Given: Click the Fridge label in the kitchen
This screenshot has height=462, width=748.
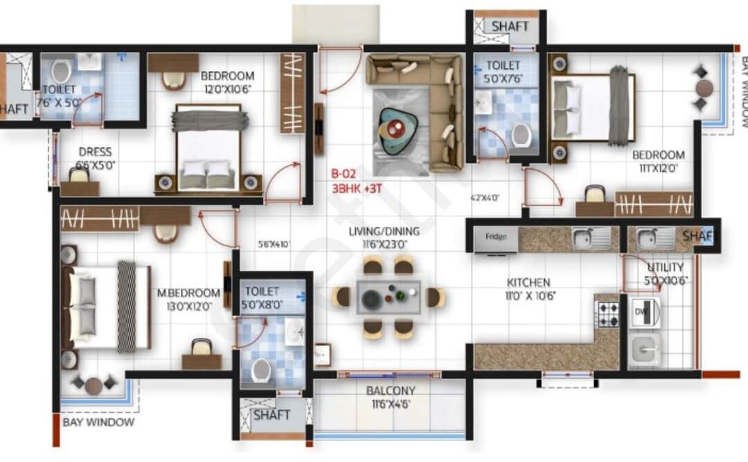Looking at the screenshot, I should pos(495,237).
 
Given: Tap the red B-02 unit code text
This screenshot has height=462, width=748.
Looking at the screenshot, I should pos(344,175).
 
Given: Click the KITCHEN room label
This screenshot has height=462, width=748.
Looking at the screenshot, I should pos(528,282).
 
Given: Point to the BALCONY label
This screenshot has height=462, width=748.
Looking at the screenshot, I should pos(391,391).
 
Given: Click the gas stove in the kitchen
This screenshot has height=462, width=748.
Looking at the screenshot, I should pos(608,314).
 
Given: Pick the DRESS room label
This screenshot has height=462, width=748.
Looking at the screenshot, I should pos(95,152).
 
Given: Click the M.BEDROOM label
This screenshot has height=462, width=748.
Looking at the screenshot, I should pos(188,293).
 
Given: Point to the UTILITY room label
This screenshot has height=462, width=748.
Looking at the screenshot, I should pos(666,267).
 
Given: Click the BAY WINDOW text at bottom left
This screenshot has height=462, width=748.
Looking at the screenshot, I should pos(98,422).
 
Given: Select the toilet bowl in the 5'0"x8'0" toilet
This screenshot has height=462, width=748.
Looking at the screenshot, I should pos(261,371).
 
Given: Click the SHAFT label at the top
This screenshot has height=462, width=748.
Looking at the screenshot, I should pos(510,26).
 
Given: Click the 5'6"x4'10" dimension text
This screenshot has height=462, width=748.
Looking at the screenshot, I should pos(273,244).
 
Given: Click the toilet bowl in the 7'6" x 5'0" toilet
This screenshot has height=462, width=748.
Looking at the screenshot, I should pos(61,71).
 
